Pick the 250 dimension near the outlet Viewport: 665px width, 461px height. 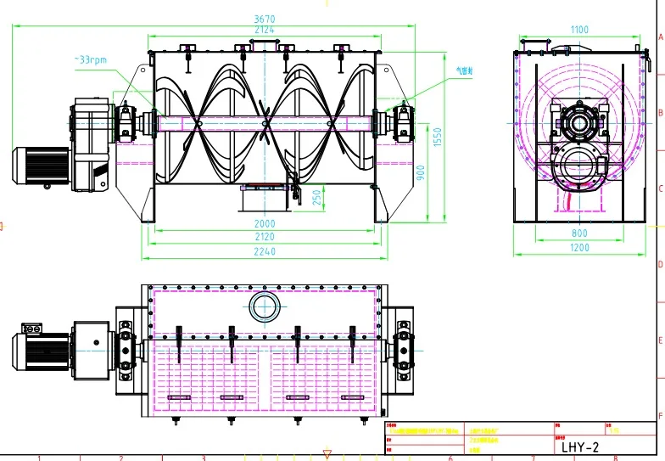pyautogui.click(x=316, y=197)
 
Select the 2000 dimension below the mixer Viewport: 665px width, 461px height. pyautogui.click(x=264, y=224)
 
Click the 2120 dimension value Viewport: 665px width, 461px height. pyautogui.click(x=264, y=237)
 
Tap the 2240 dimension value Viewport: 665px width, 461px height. pyautogui.click(x=264, y=251)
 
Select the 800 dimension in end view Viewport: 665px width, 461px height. pyautogui.click(x=579, y=233)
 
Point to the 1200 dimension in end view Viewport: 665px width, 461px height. pyautogui.click(x=579, y=247)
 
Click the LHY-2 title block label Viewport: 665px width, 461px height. pyautogui.click(x=581, y=446)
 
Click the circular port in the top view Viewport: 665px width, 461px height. pyautogui.click(x=264, y=306)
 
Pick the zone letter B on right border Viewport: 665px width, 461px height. pyautogui.click(x=660, y=112)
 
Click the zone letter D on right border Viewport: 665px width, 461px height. pyautogui.click(x=660, y=264)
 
